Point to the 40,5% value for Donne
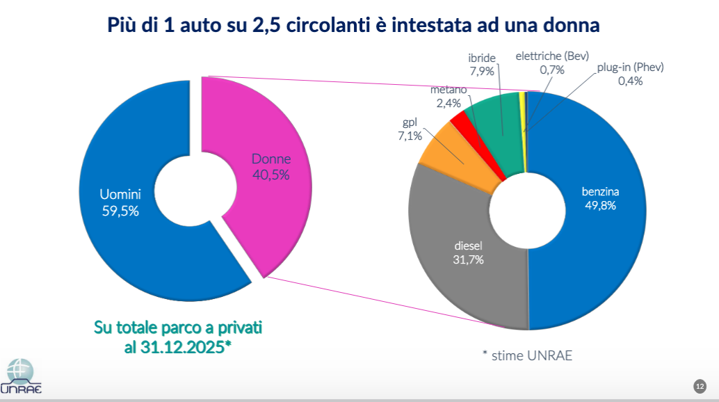click(x=270, y=175)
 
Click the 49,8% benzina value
click(x=601, y=205)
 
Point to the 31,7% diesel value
click(x=468, y=259)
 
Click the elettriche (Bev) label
click(x=552, y=56)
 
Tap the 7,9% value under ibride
click(x=481, y=72)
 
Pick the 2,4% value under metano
click(x=449, y=103)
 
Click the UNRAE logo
click(x=21, y=376)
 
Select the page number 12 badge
click(x=700, y=386)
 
